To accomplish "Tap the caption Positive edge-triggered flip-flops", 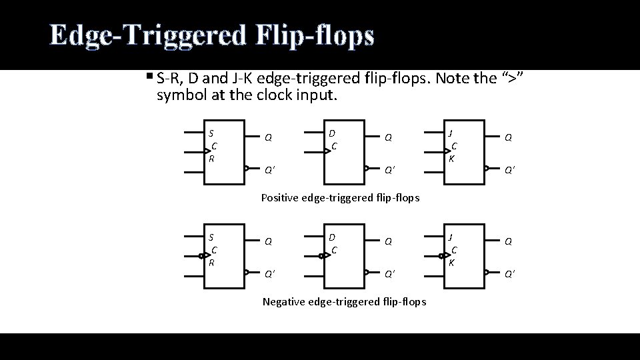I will pos(341,197).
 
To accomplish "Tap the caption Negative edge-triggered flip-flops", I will pos(344,302).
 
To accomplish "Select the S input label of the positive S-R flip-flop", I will pos(211,133).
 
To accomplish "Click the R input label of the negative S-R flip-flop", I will pos(211,263).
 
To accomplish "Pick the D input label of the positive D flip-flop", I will pos(331,133).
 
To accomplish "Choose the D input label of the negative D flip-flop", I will pos(331,237).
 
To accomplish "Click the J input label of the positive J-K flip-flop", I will pos(451,133).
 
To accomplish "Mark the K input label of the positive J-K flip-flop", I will pos(452,159).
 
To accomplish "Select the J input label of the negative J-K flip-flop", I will pos(451,237).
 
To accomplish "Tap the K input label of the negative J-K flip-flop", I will pos(452,263).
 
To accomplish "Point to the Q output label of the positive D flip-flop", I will pos(388,138).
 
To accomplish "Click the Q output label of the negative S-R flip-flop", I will pos(268,242).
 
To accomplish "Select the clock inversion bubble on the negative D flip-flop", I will pos(321,255).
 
